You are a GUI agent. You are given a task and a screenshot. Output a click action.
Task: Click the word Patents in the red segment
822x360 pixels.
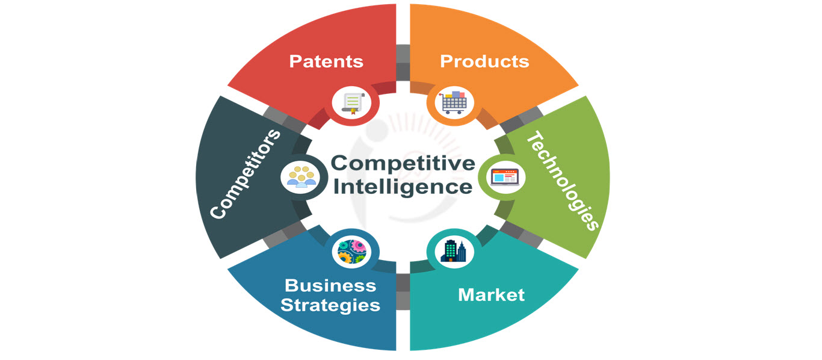tap(326, 61)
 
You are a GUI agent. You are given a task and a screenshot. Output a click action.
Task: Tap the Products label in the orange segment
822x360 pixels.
tap(484, 61)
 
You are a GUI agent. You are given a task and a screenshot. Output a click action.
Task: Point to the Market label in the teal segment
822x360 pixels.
tap(491, 295)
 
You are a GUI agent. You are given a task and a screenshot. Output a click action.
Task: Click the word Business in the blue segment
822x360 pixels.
tap(330, 285)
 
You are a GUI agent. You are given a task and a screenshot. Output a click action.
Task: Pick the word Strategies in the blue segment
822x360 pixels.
tap(330, 305)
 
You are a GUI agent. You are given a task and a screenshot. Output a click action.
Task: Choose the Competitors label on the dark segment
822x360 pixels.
tap(246, 174)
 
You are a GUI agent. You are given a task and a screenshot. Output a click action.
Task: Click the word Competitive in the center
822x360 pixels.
tap(403, 163)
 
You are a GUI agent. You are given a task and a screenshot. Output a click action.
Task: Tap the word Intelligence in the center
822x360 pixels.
tap(403, 186)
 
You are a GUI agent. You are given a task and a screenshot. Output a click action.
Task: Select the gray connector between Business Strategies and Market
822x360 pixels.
tap(403, 291)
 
